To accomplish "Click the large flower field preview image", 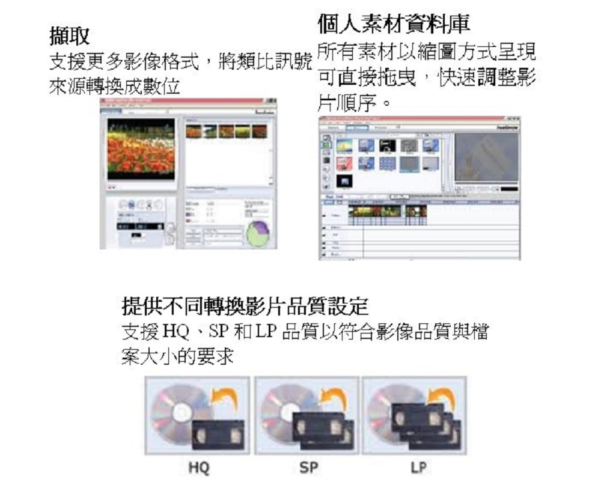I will pyautogui.click(x=141, y=148).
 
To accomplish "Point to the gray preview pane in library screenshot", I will pyautogui.click(x=486, y=157).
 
